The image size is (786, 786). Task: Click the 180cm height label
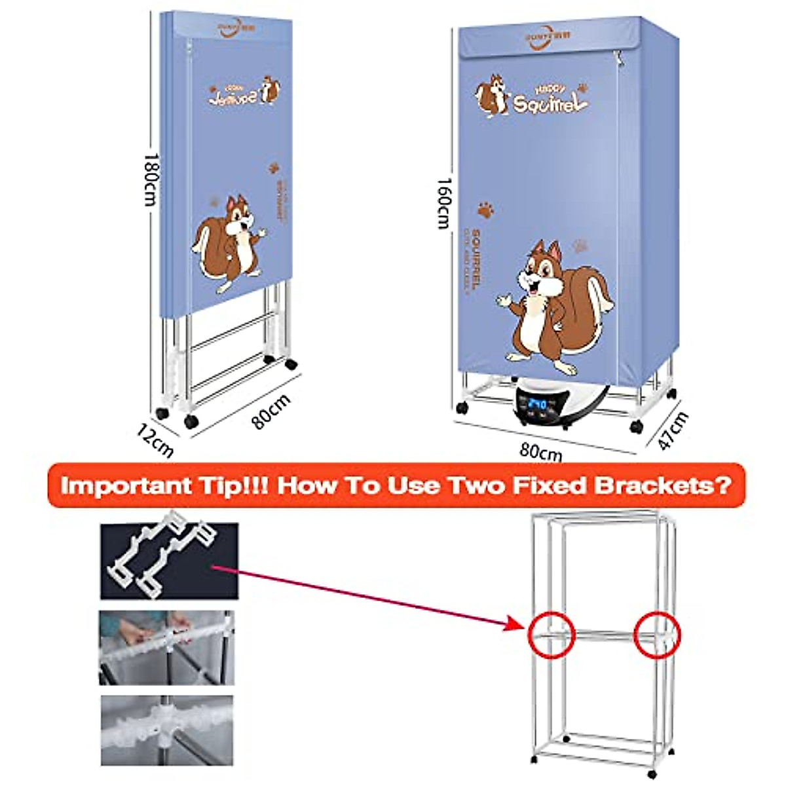pyautogui.click(x=151, y=179)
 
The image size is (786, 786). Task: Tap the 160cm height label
pyautogui.click(x=443, y=203)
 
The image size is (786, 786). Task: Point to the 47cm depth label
pyautogui.click(x=673, y=430)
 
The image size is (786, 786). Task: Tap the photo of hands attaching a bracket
pyautogui.click(x=166, y=647)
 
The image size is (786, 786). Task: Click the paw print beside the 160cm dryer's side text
pyautogui.click(x=485, y=210)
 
